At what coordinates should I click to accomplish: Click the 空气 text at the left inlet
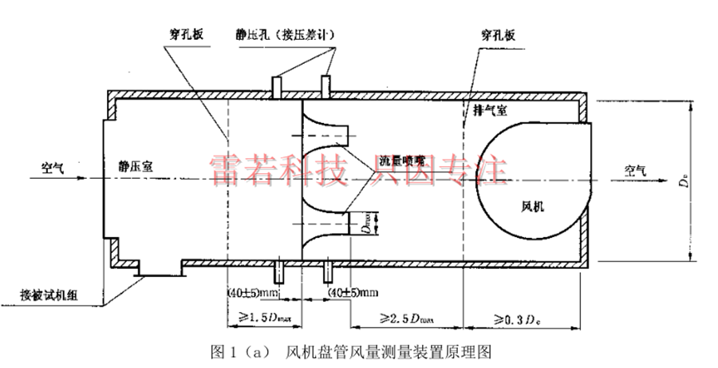[x=56, y=168]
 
